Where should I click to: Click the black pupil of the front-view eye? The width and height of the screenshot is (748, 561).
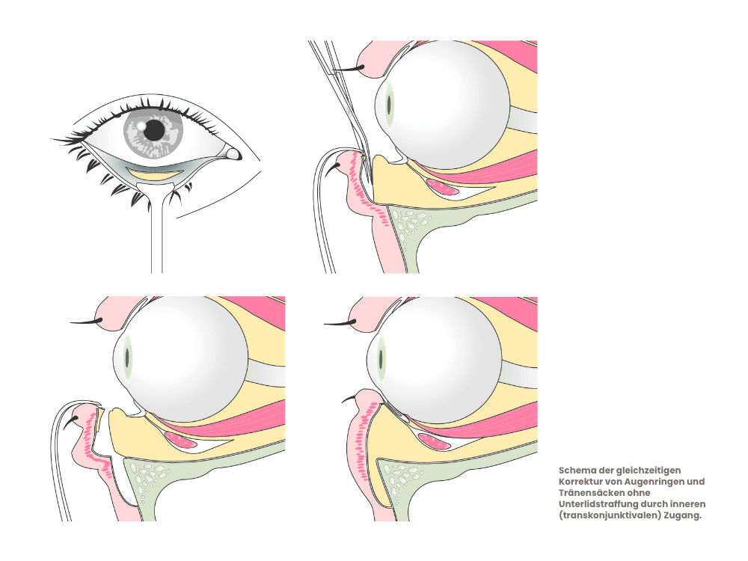pos(154,129)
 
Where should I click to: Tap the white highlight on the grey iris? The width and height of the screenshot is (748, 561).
pos(141,125)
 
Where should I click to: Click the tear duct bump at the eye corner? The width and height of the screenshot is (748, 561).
pos(233,153)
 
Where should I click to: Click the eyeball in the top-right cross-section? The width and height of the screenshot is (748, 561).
pos(442,105)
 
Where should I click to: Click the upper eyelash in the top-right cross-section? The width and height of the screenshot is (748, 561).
pos(349,69)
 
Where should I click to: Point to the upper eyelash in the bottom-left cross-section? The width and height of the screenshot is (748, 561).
pos(86,321)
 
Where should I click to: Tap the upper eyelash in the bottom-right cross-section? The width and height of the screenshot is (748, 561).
pos(340,323)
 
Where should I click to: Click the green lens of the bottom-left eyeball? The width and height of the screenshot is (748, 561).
pos(127,358)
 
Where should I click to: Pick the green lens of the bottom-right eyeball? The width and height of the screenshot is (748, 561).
pos(381,358)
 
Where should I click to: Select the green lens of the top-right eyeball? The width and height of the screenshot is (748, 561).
pos(389,103)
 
